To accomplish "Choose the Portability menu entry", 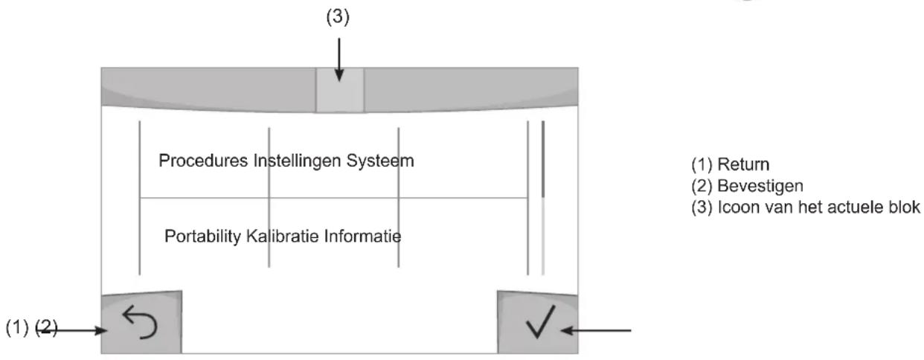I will coord(196,237).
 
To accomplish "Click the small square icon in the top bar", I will coord(339,90).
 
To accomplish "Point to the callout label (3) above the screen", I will coord(339,16).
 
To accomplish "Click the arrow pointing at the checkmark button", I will coord(595,329).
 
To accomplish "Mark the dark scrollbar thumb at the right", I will coord(543,159).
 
